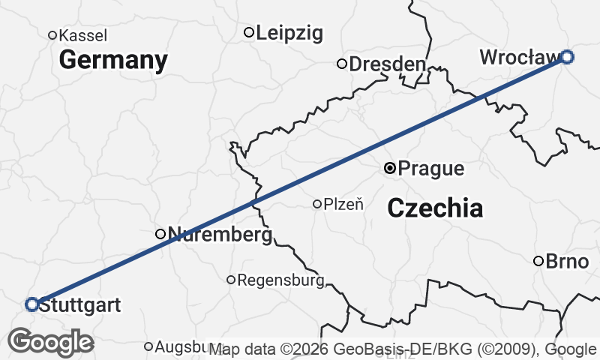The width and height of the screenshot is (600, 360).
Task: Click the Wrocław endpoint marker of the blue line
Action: click(568, 56)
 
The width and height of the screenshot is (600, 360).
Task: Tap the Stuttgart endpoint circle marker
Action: click(31, 304)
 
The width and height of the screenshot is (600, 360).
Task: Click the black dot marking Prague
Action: click(390, 168)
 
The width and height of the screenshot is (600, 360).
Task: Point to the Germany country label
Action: click(112, 60)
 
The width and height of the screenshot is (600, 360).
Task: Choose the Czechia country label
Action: click(435, 208)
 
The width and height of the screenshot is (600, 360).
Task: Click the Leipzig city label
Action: click(289, 33)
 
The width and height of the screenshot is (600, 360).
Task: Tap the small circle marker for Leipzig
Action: click(249, 32)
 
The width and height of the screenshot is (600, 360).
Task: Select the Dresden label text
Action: click(387, 64)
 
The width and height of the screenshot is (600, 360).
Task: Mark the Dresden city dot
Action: click(342, 64)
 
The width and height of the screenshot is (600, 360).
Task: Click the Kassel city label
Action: click(82, 35)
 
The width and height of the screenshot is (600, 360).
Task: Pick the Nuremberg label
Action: click(219, 235)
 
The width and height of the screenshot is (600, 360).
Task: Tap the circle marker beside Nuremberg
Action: click(160, 234)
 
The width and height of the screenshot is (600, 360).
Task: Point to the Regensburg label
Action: click(280, 280)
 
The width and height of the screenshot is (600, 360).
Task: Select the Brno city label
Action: click(567, 261)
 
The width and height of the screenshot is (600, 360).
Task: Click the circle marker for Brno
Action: click(538, 261)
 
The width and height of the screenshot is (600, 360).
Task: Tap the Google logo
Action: click(50, 342)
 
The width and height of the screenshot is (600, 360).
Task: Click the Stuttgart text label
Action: click(79, 305)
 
